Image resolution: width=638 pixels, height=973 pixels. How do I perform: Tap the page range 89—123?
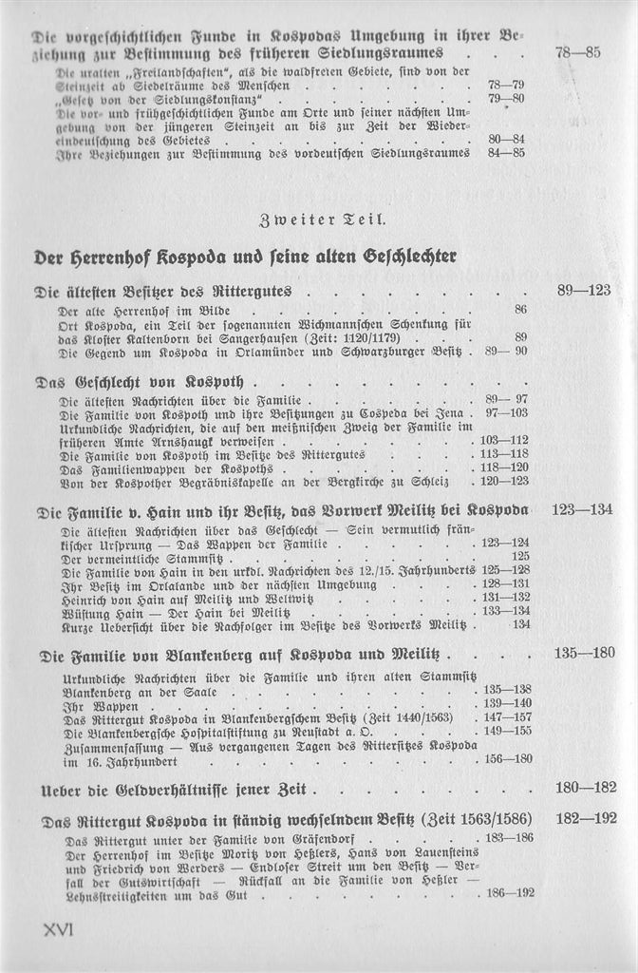point(583,290)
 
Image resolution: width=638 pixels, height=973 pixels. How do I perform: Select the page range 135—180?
point(584,653)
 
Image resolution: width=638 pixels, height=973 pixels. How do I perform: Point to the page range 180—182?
point(584,787)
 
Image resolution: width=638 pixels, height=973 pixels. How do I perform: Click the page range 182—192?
point(584,817)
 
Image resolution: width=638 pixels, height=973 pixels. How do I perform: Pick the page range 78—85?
point(577,52)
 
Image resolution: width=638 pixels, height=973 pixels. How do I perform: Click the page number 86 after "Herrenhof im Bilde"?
point(521,310)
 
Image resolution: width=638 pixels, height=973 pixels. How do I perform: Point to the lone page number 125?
point(520,557)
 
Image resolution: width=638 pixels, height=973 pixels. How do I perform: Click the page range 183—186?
point(509,837)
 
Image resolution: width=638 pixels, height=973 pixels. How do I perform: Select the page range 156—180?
point(508,759)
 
